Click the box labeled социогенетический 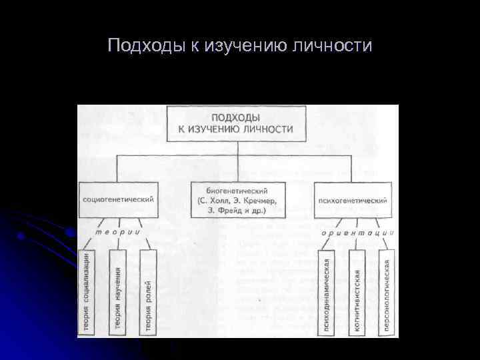[x=119, y=199]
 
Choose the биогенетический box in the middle [x=237, y=199]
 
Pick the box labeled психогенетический [x=352, y=199]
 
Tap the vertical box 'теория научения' [x=118, y=291]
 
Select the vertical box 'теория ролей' [x=147, y=291]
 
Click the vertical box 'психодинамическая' [x=326, y=291]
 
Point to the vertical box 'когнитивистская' [x=357, y=291]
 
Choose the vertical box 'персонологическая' [x=387, y=291]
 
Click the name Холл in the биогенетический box [x=217, y=200]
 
